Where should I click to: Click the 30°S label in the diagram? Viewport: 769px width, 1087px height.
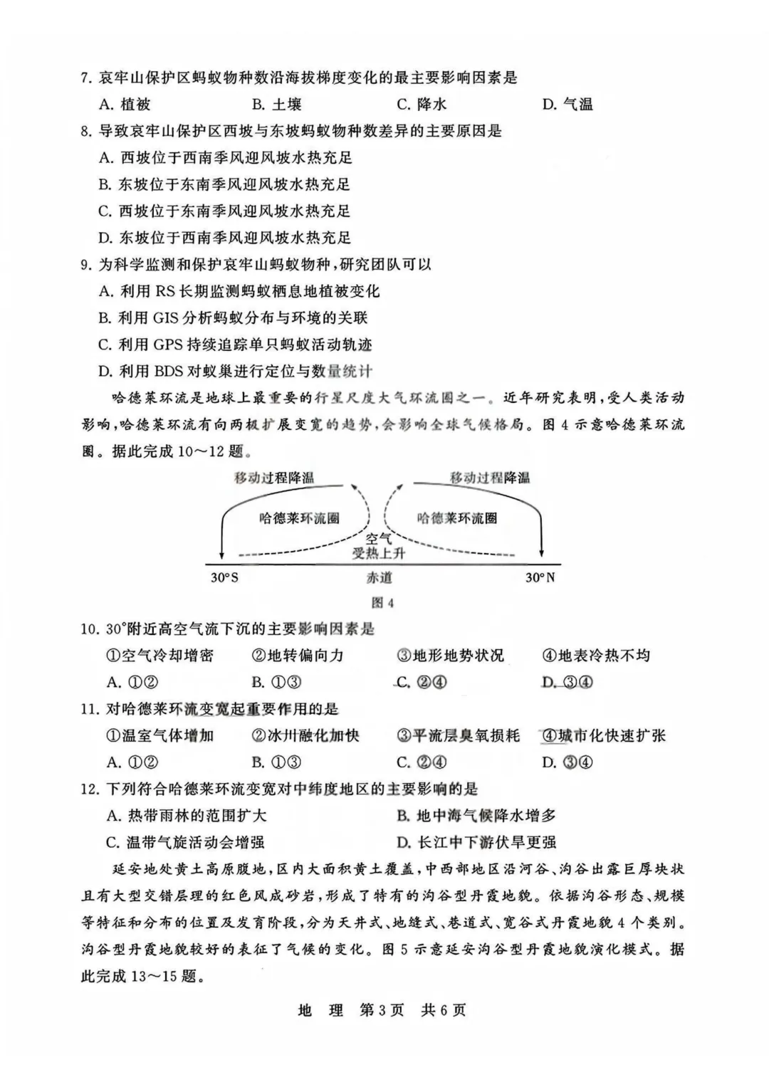[224, 577]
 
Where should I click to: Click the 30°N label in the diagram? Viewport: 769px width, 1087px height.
[540, 577]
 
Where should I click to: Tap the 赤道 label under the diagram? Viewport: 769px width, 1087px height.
[380, 577]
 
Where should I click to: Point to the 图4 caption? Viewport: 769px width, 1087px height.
[382, 603]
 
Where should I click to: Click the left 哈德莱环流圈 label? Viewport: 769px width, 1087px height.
[299, 518]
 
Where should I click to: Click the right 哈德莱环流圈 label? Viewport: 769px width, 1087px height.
[457, 518]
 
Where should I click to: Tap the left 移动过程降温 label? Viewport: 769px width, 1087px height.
[274, 478]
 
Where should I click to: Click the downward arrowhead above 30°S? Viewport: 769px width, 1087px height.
[222, 553]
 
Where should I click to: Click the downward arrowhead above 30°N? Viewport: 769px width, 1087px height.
[542, 553]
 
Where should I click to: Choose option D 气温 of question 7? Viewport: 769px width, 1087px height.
[567, 104]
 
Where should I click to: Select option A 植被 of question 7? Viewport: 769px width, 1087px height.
[125, 104]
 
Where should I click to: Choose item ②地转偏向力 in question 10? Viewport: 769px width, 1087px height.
[297, 655]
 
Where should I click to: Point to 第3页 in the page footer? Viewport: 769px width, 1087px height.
[382, 1010]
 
